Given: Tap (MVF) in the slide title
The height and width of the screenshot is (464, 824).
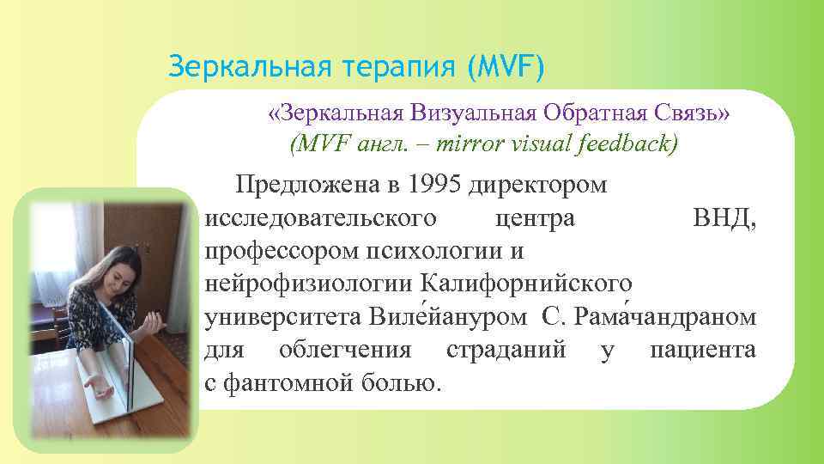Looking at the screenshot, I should click(506, 66).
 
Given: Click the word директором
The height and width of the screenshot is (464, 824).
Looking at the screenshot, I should click(539, 184).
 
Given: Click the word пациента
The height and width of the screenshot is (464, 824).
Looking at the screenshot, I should click(703, 350).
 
